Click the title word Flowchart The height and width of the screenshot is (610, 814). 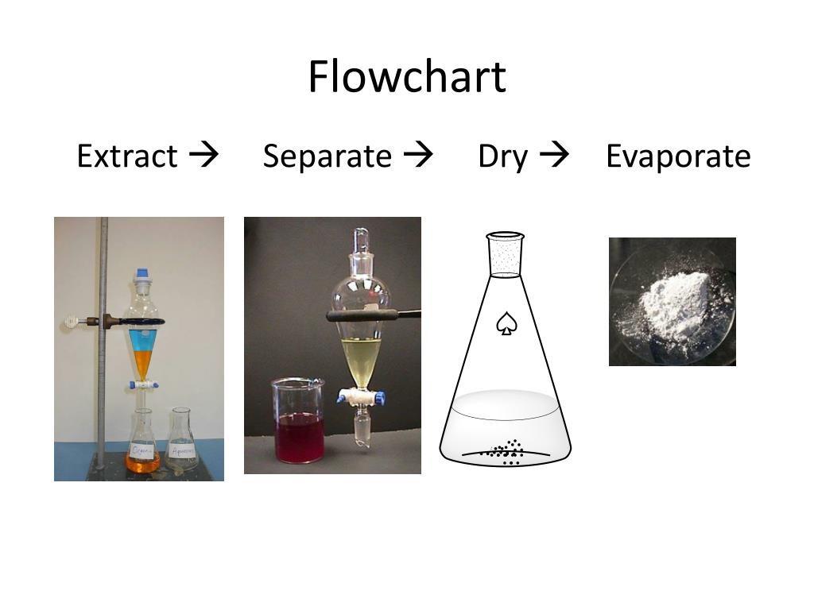[x=406, y=77]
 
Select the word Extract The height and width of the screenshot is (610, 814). [x=126, y=156]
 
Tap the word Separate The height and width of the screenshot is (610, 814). [x=327, y=156]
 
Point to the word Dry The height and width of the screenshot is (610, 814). [x=502, y=156]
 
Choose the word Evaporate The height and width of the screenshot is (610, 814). [x=677, y=156]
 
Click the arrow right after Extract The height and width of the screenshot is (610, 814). [x=204, y=155]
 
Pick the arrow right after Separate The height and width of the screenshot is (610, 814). [x=418, y=155]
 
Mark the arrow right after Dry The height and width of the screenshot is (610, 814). [x=554, y=155]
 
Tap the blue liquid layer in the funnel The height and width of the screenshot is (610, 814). [x=143, y=338]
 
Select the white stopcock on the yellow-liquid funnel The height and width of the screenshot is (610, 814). [x=355, y=395]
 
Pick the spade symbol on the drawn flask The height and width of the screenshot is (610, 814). [x=505, y=323]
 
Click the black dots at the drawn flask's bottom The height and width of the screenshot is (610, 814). [x=505, y=452]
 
